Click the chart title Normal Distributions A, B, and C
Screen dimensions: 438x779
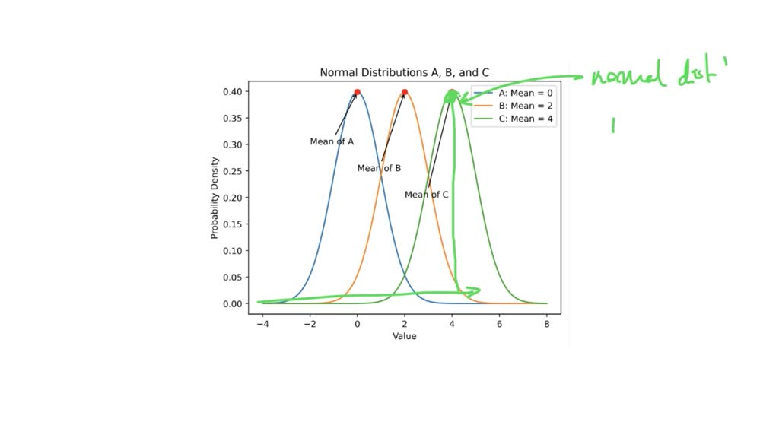click(404, 73)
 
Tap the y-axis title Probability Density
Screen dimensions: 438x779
click(215, 198)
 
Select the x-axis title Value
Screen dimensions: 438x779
click(404, 336)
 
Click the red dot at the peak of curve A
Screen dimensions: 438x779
click(357, 93)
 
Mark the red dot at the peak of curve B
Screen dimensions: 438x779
click(405, 93)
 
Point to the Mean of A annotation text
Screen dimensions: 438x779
click(332, 142)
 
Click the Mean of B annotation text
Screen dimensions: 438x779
click(379, 168)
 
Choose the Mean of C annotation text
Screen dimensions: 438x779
click(426, 195)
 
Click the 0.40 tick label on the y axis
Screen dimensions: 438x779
click(234, 92)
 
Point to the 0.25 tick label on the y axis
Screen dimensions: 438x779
click(234, 171)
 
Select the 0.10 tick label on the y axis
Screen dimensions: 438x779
click(234, 251)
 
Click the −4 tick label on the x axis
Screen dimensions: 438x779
click(262, 324)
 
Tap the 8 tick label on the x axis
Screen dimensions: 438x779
click(547, 324)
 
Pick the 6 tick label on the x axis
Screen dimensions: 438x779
click(499, 324)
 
